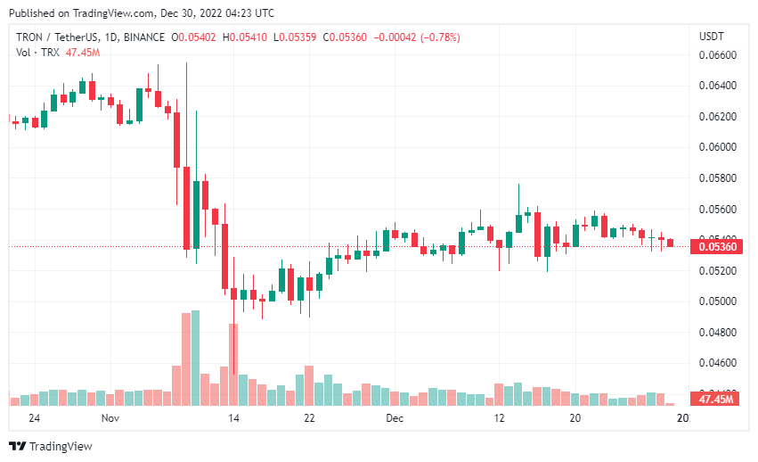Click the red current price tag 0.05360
click(716, 246)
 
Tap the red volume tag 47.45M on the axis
click(716, 400)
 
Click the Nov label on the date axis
click(110, 417)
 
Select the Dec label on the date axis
click(395, 417)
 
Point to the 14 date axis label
click(233, 417)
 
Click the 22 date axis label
click(309, 417)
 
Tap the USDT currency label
click(712, 37)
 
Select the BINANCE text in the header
click(144, 37)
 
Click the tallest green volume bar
click(195, 357)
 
